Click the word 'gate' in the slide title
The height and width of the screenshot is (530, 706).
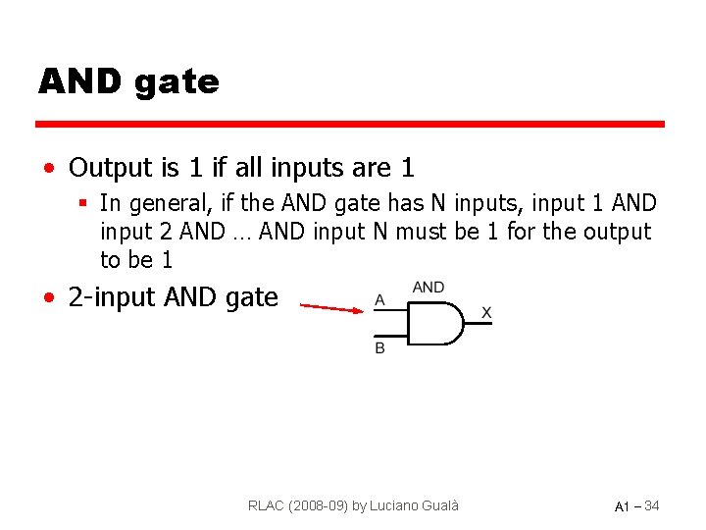[x=177, y=82]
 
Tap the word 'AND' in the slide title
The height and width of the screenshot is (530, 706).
[x=80, y=80]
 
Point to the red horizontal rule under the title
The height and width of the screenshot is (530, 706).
[x=350, y=125]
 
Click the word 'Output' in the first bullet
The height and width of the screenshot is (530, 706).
[x=110, y=168]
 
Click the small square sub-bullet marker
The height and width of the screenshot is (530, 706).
[x=85, y=204]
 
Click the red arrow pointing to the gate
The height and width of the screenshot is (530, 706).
[x=330, y=308]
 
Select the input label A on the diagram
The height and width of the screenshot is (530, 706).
[x=379, y=299]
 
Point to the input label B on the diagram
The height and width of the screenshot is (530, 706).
[x=379, y=348]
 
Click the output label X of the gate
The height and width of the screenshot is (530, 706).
[x=486, y=312]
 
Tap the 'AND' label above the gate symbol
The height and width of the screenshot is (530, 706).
[x=429, y=288]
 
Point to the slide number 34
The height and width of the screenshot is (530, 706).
[x=651, y=505]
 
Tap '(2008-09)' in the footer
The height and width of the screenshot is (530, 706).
[x=321, y=505]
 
